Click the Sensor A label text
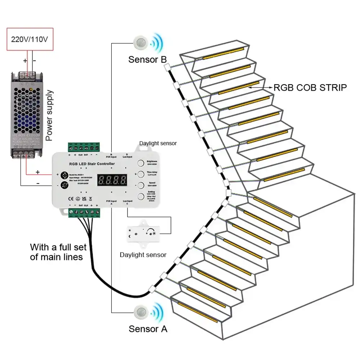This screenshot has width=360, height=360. point(148,329)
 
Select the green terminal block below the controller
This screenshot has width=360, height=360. point(84,213)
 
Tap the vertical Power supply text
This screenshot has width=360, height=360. point(50,115)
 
